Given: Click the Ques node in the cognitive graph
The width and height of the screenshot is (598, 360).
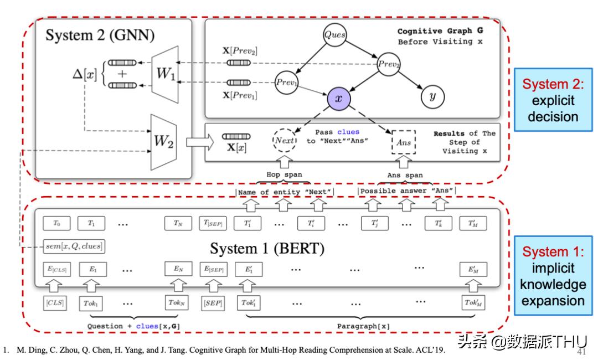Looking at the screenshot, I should point(335,34).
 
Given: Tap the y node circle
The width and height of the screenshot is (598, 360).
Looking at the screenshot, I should point(429,96).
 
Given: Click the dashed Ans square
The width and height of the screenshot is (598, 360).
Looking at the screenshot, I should point(403,142).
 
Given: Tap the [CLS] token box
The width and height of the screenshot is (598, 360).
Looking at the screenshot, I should point(55,303).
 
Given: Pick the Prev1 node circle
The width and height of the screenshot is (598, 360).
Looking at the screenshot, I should point(287,83).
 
